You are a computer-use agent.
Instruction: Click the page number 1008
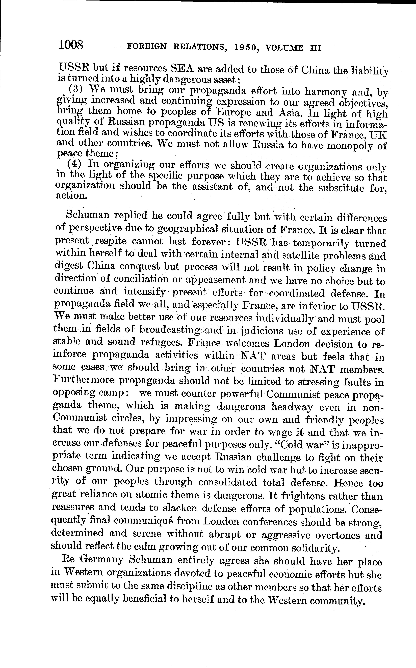pyautogui.click(x=71, y=45)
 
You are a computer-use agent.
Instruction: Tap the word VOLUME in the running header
pyautogui.click(x=285, y=48)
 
